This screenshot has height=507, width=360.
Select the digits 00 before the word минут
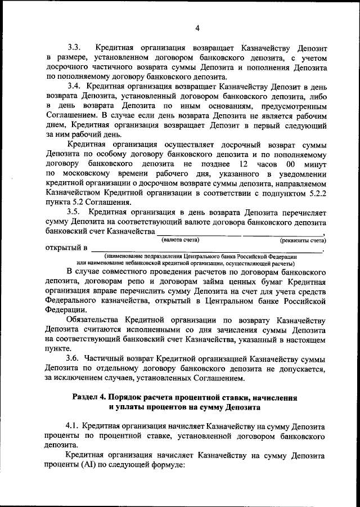pyautogui.click(x=290, y=163)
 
